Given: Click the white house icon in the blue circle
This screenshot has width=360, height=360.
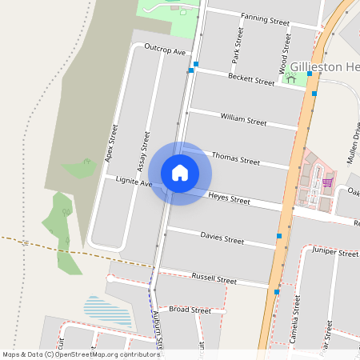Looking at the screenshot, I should [x=180, y=173].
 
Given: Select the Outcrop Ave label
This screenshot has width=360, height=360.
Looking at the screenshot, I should [x=165, y=50].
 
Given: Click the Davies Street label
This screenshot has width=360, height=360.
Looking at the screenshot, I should [x=222, y=239].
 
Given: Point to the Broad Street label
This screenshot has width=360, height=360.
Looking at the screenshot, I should [x=190, y=310].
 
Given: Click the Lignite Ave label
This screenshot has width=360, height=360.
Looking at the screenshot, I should [x=134, y=182].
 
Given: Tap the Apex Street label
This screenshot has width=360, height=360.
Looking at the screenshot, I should [x=111, y=144].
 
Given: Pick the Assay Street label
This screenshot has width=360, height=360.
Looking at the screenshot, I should [x=143, y=152].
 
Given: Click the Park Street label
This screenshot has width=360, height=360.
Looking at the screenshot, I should [x=236, y=45].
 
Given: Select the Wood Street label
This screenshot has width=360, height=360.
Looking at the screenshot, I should [x=284, y=55].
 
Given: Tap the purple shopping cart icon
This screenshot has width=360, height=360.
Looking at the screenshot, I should [x=327, y=182].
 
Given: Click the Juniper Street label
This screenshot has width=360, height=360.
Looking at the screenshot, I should [x=336, y=253].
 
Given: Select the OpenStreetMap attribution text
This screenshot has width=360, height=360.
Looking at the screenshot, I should [x=81, y=354].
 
